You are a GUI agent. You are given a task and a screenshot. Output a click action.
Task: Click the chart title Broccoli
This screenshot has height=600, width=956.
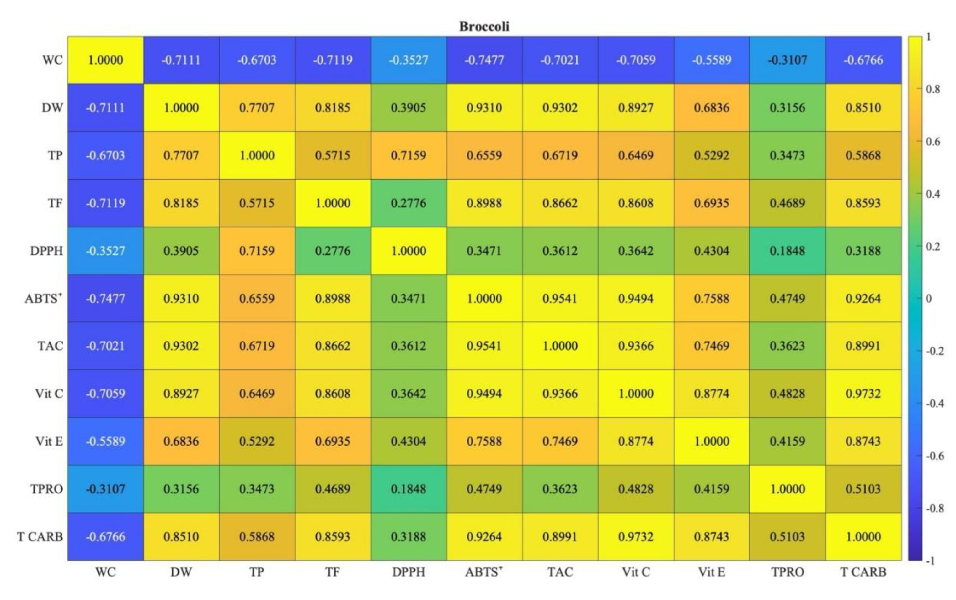point(484,27)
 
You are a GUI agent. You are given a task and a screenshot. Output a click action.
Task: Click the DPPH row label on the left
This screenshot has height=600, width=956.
point(46,251)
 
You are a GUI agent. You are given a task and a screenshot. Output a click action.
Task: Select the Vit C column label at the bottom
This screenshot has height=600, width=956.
point(636,572)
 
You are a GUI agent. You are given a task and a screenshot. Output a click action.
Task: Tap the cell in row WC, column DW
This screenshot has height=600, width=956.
point(181,60)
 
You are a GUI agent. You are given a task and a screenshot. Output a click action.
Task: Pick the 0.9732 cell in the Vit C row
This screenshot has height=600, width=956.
point(863,394)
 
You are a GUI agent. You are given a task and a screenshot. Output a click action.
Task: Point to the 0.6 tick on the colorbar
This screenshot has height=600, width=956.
point(932,142)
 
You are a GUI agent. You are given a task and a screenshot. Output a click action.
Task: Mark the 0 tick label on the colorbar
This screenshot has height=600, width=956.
point(929,299)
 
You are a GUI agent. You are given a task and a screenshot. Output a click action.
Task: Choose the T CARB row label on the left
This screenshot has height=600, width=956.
point(40,536)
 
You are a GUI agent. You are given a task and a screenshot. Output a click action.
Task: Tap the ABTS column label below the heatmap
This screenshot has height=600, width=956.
point(484,572)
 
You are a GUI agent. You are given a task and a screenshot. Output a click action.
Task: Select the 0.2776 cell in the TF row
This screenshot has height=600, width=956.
point(409,203)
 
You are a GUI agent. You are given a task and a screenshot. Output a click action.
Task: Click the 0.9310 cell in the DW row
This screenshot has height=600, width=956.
point(484,107)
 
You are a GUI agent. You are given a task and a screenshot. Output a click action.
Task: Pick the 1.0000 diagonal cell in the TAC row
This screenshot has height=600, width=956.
point(560,346)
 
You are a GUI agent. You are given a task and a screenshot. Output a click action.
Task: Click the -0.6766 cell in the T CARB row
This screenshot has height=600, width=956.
point(105,536)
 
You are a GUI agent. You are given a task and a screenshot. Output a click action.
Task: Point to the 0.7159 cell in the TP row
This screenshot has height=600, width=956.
point(409,155)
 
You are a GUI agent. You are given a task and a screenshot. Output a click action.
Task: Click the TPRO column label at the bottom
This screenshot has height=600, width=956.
point(787,572)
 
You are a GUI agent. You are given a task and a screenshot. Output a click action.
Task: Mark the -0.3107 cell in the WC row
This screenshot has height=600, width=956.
point(787,60)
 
